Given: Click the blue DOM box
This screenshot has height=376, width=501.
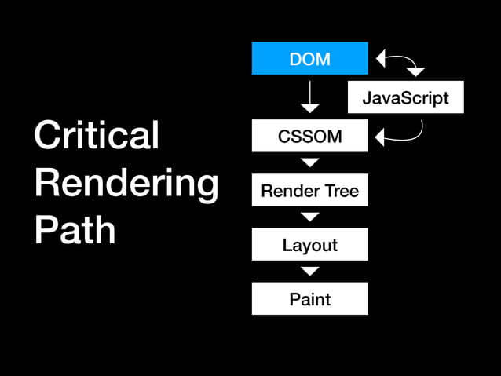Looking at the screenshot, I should (309, 58).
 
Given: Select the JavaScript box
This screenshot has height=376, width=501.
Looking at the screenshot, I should (405, 98).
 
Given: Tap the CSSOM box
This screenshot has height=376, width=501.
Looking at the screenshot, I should (309, 136).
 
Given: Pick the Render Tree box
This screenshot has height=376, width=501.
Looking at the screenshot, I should (309, 191).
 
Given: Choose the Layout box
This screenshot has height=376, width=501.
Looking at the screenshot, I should (309, 245).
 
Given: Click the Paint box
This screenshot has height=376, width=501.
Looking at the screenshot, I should (309, 299).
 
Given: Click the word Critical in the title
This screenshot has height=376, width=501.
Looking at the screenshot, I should (96, 135).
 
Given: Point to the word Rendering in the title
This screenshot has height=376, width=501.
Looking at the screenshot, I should (126, 184).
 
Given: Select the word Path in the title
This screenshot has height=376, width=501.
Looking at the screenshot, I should (75, 230).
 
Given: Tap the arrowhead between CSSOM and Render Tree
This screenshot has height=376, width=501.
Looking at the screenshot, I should (310, 162).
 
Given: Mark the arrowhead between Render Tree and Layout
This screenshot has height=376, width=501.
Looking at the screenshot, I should (310, 217).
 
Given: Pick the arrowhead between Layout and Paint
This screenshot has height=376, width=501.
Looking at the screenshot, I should (310, 271).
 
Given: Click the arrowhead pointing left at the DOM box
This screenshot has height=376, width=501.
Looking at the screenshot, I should (382, 58).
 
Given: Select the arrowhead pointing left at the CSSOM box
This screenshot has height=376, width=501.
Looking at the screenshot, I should (381, 139).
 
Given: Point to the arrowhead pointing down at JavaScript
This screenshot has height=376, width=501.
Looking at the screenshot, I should (415, 73).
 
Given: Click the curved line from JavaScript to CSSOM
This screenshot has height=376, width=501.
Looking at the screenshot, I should (416, 133).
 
